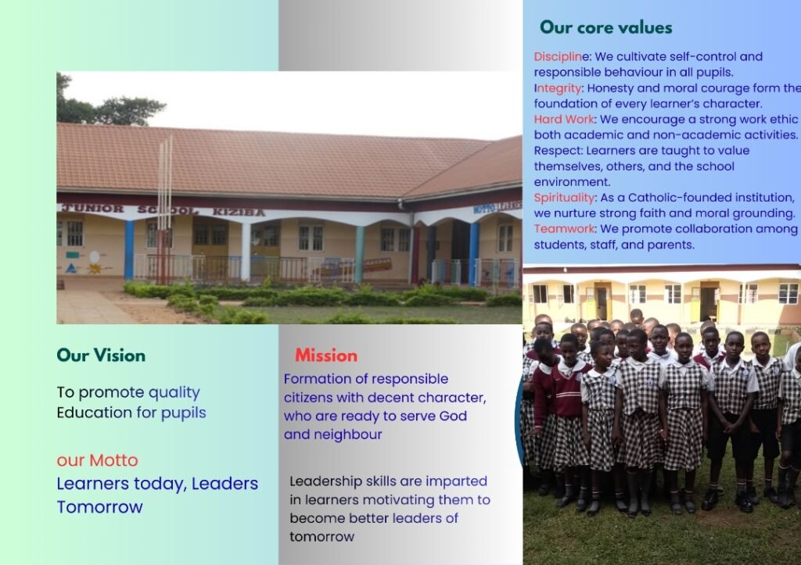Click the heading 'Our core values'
coord(606,27)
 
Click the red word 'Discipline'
coord(561,56)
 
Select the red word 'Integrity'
coord(558,89)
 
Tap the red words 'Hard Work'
coord(564,120)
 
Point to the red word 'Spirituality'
coord(565,198)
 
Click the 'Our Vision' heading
coord(101,356)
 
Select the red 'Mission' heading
coord(326,356)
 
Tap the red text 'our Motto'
coord(97,460)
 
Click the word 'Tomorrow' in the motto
coord(99,507)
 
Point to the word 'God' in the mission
coord(453,416)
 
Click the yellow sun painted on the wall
coord(95,268)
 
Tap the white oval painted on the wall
coord(95,257)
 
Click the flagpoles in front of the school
coord(165,209)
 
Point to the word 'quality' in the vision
coord(174,392)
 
